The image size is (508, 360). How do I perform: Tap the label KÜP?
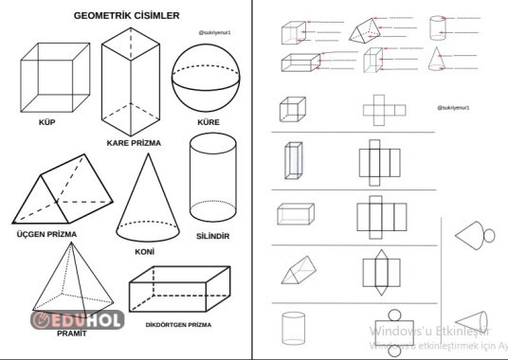[47, 123]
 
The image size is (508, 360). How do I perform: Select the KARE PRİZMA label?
[134, 143]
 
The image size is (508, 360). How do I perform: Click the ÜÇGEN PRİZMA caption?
[46, 233]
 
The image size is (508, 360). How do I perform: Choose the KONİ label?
[144, 253]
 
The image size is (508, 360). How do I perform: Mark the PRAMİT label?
[71, 333]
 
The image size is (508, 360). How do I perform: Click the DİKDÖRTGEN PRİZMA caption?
[177, 325]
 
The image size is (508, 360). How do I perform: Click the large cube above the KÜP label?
[57, 78]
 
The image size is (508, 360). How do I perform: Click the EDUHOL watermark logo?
[78, 320]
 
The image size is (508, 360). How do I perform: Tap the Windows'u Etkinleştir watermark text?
[428, 331]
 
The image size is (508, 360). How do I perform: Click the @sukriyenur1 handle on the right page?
[455, 108]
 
